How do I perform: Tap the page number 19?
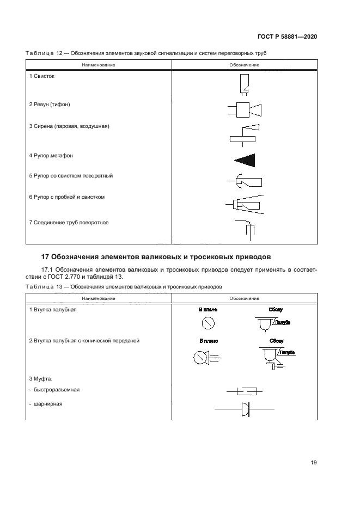click(x=314, y=463)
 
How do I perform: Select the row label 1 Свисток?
click(x=41, y=76)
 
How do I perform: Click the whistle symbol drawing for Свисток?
click(x=244, y=84)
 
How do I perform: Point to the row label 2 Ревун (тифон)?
click(x=50, y=104)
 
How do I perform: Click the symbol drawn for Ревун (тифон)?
click(x=244, y=110)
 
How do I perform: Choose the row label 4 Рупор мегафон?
click(x=51, y=156)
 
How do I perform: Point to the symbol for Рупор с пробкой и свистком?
click(x=244, y=204)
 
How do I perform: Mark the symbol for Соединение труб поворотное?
click(x=244, y=228)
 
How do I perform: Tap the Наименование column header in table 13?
click(x=99, y=298)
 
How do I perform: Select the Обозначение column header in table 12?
click(x=244, y=65)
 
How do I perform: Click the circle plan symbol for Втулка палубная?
click(x=208, y=323)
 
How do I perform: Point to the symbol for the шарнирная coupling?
click(x=243, y=409)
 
